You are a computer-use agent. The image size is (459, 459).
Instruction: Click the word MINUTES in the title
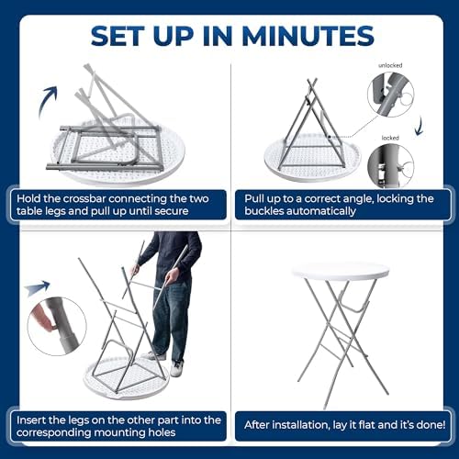tap(308, 36)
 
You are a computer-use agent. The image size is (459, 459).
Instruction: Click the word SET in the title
tap(118, 36)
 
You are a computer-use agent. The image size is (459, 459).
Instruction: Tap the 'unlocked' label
tap(390, 65)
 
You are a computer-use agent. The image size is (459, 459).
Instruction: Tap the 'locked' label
tap(390, 138)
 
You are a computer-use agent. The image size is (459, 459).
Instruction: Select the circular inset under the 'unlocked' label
tap(391, 95)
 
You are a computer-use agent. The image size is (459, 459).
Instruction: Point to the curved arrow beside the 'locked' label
tap(420, 126)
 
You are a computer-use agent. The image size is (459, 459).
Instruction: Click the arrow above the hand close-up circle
tap(38, 287)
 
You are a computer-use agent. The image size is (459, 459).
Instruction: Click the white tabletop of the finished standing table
tap(340, 271)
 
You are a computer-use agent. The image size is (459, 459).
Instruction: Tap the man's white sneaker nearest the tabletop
tap(176, 368)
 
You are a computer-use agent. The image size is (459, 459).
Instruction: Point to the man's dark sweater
tap(174, 254)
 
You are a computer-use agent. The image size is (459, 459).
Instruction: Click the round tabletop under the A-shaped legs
tap(312, 159)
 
